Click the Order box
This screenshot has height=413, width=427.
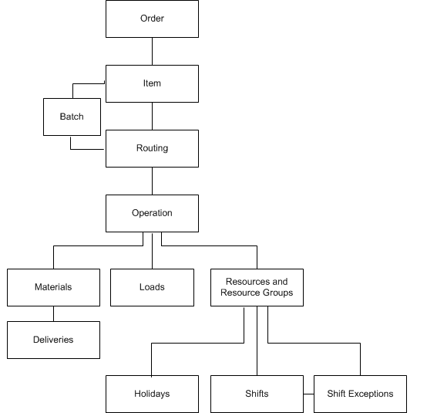153,19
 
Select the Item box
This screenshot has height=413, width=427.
153,83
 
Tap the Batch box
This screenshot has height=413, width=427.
72,117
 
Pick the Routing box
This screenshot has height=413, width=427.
153,149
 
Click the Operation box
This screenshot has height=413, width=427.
153,213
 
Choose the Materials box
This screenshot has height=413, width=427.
54,287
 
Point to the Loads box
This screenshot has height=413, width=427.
153,287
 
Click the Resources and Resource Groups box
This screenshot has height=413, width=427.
257,287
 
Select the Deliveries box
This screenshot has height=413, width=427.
54,340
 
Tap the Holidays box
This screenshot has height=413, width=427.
153,394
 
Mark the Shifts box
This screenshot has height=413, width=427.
257,394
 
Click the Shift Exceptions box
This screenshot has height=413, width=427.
360,394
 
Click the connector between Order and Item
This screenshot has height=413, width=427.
153,51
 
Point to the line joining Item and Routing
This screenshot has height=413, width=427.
153,117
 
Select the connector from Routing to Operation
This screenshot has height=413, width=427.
153,181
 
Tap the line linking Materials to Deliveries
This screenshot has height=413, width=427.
54,313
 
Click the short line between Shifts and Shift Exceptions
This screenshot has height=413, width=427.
308,394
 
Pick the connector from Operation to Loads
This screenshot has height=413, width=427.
153,251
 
